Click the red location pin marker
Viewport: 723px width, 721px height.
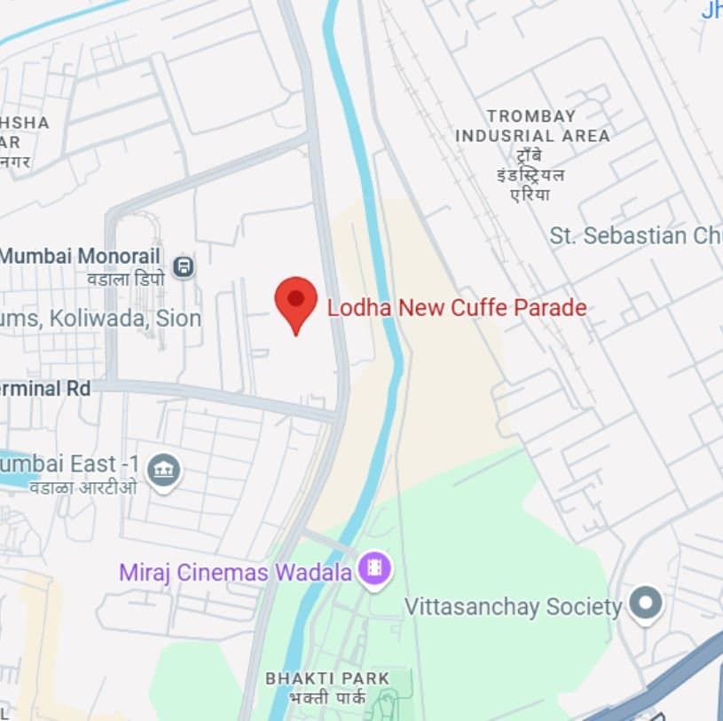click(295, 302)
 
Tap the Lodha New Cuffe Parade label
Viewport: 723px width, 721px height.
click(457, 309)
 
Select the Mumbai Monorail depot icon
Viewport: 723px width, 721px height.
click(184, 265)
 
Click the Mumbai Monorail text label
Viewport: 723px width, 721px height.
click(80, 257)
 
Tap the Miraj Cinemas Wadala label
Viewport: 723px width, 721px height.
click(235, 573)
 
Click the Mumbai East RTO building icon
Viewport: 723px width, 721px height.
click(164, 470)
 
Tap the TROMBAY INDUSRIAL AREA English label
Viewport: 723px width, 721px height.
click(532, 126)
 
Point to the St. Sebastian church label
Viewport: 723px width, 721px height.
click(635, 236)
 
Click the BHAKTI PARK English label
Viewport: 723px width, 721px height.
click(327, 678)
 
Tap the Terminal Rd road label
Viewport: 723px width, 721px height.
click(44, 389)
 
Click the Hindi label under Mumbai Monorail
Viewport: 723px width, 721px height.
click(125, 278)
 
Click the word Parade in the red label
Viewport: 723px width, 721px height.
click(553, 309)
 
